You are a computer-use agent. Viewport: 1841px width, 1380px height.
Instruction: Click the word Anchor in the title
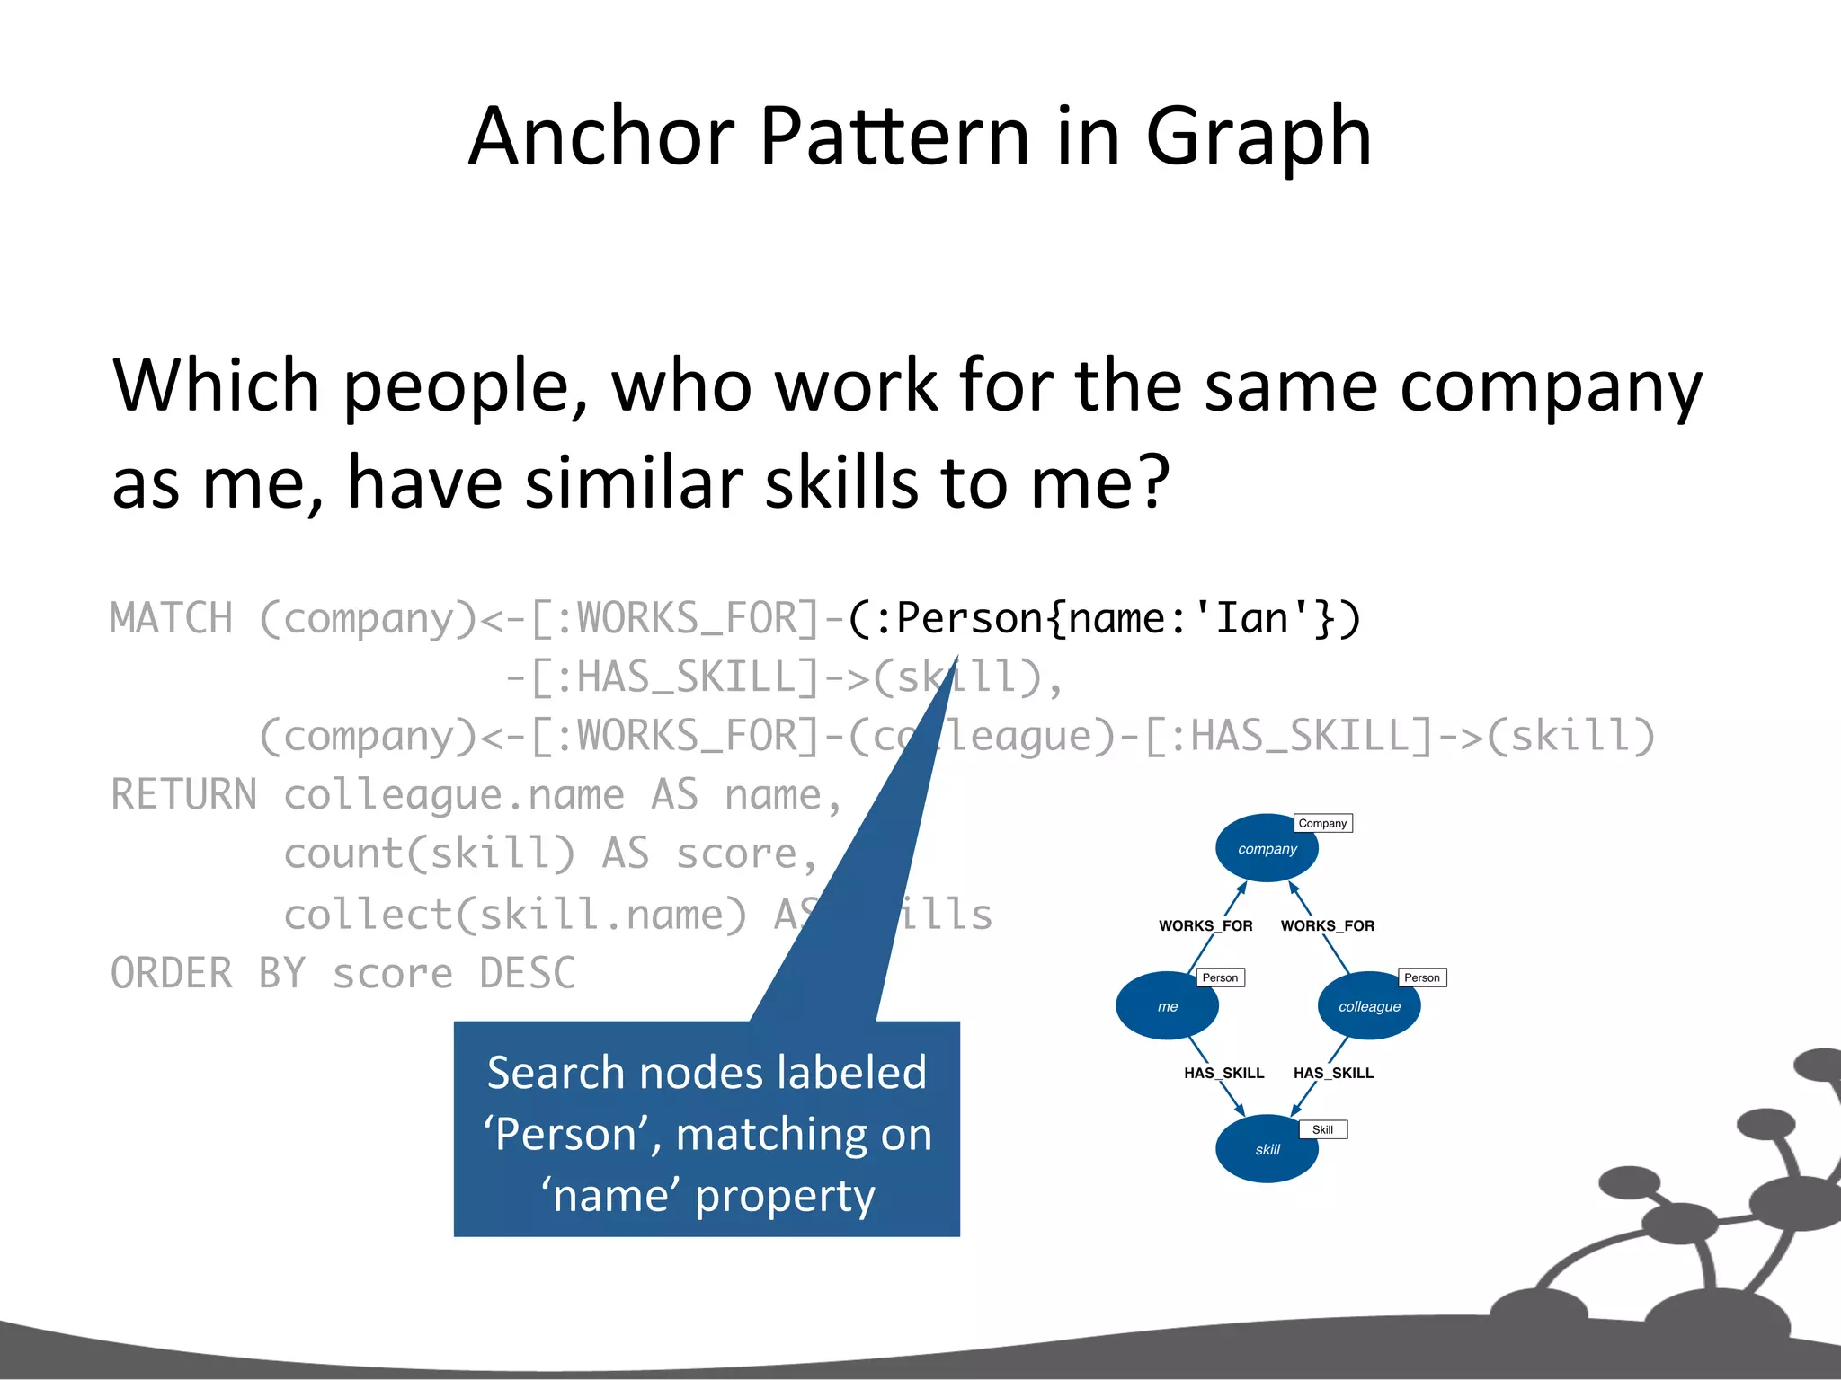(601, 137)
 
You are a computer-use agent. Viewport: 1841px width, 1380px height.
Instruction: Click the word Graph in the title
(1258, 138)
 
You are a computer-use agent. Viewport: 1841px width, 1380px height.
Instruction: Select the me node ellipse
(1167, 1006)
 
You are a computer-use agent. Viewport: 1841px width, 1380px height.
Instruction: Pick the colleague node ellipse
(1368, 1006)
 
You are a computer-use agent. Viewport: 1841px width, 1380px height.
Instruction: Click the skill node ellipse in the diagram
(1266, 1149)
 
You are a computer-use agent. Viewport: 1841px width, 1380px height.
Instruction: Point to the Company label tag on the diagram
(1322, 823)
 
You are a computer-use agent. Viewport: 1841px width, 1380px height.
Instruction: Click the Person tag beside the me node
(1220, 977)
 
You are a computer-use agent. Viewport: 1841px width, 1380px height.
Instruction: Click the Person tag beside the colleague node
(1421, 977)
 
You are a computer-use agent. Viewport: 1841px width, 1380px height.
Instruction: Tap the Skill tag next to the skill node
(1322, 1129)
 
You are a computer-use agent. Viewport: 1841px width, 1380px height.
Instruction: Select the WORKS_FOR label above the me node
(1205, 925)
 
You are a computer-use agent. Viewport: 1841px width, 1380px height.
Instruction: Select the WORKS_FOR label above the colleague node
(1327, 925)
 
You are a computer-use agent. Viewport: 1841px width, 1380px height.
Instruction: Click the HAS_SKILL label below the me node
(1223, 1073)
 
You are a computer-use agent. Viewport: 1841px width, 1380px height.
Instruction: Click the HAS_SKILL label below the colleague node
(1333, 1073)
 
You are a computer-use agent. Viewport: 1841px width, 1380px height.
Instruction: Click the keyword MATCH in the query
(171, 619)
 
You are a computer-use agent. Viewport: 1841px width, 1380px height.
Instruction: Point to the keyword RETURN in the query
(183, 795)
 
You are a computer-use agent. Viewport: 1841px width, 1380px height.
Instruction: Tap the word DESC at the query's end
(527, 974)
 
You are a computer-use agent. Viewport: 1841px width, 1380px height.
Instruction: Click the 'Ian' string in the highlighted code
(1252, 619)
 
